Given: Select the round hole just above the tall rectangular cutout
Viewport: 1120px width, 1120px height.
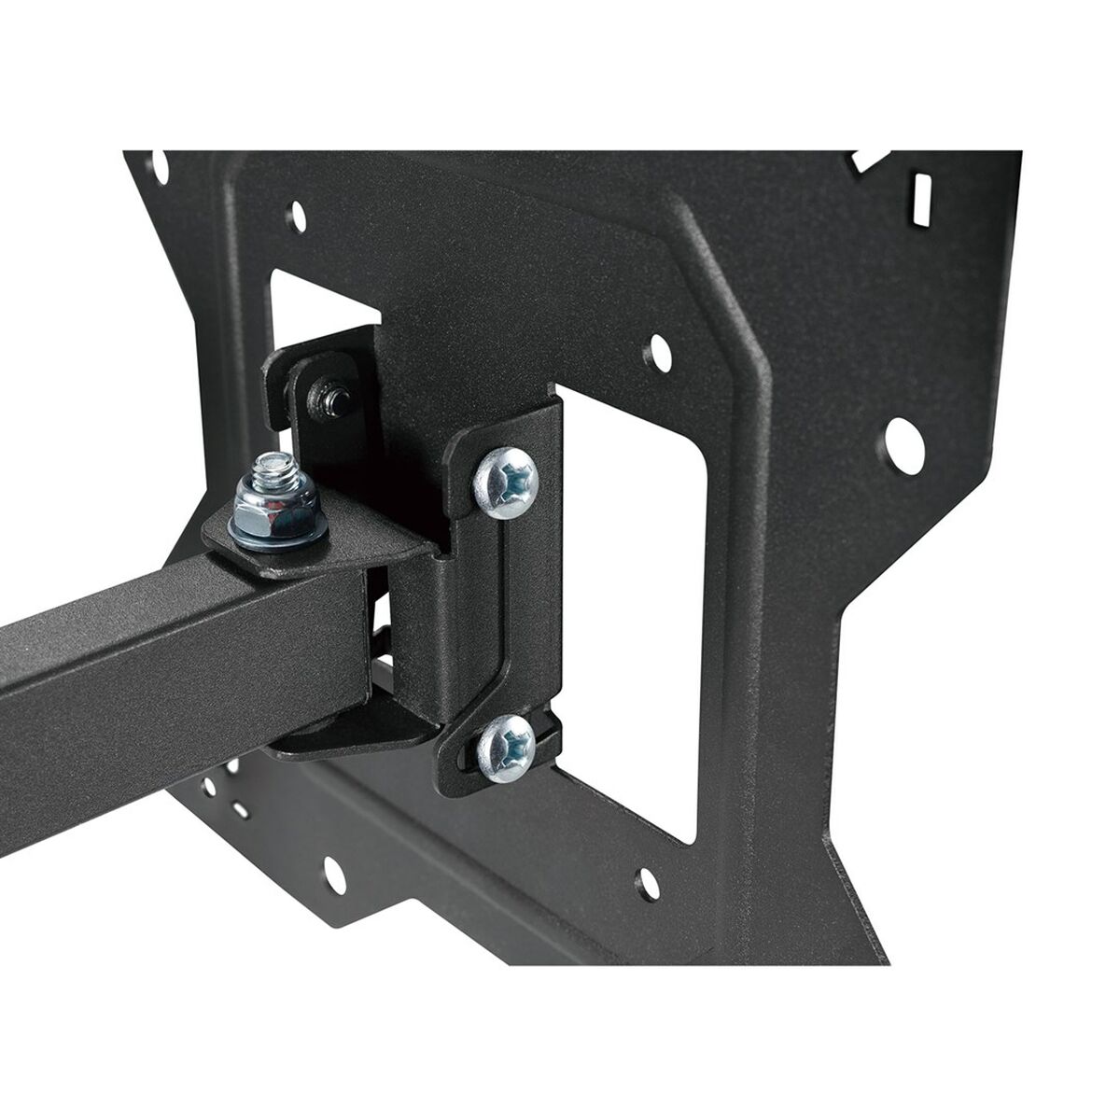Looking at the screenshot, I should [659, 352].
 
